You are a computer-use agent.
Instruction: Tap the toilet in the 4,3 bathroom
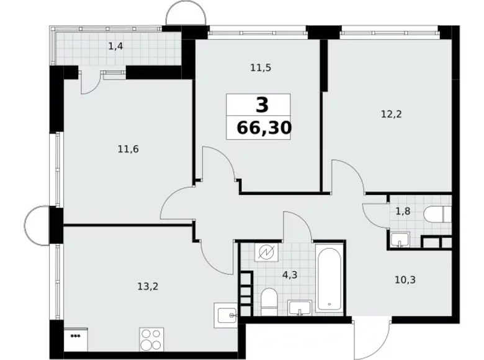click(x=269, y=300)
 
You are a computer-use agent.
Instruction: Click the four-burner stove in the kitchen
click(x=152, y=340)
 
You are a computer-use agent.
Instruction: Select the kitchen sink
click(x=226, y=314)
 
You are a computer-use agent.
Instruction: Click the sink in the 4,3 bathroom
click(x=300, y=307)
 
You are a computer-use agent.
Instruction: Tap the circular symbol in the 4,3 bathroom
click(x=267, y=252)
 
